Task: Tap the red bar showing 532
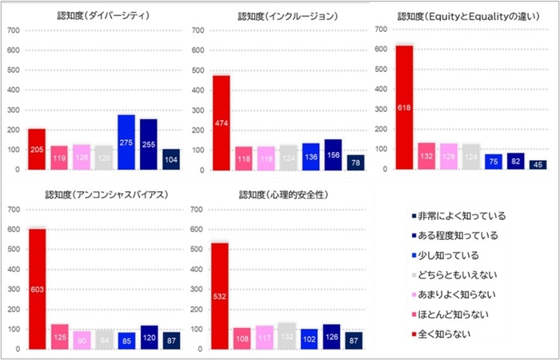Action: point(220,297)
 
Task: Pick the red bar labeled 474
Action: point(221,122)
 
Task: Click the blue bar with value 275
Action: point(126,142)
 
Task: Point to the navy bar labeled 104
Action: point(171,159)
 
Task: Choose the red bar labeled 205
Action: point(38,150)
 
